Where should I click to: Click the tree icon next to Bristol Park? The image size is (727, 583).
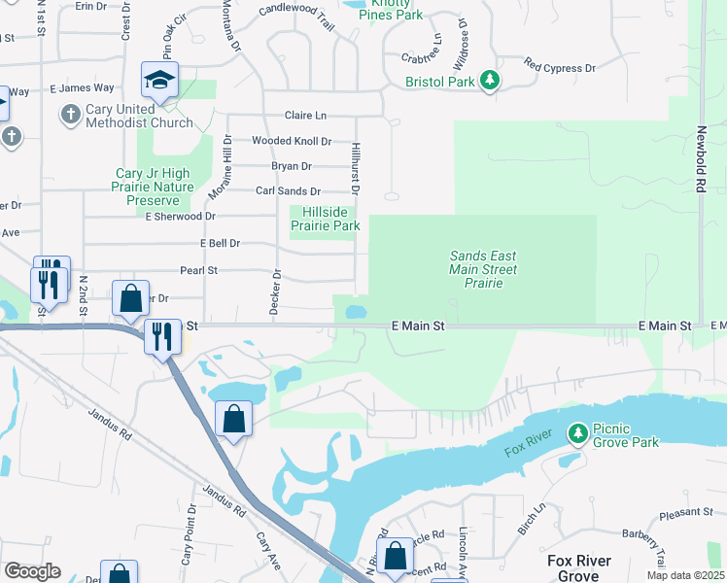point(491,81)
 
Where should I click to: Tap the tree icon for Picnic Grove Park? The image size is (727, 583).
point(578,431)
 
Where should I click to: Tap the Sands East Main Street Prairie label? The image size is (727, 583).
point(483,269)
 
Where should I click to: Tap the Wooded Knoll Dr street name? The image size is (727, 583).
point(292,141)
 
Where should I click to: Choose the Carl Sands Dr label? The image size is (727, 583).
point(288,191)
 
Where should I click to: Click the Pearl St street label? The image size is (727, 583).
point(198,270)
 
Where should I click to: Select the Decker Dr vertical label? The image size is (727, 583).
point(277,288)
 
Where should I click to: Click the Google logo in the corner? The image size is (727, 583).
point(32,571)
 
